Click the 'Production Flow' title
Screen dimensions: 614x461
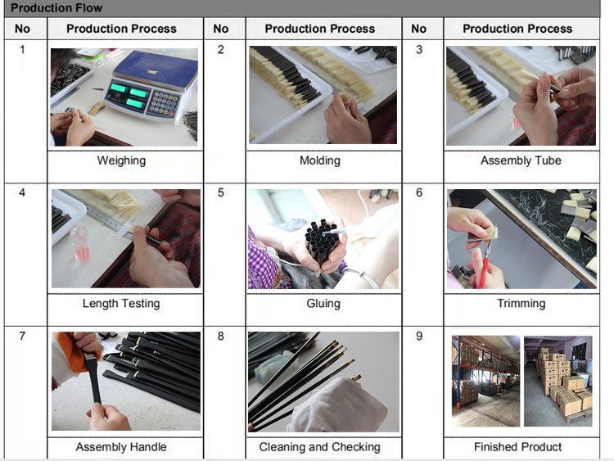click(56, 7)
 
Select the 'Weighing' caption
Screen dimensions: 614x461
click(121, 160)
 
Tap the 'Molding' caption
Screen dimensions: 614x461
click(320, 160)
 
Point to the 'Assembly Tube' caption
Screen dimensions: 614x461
click(521, 160)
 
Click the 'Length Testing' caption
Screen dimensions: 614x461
click(121, 304)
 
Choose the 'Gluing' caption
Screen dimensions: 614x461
click(323, 304)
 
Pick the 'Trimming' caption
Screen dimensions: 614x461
click(521, 304)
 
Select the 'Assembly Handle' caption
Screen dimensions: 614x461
click(121, 447)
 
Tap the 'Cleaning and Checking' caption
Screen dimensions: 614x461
click(319, 447)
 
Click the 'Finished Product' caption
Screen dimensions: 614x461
click(517, 447)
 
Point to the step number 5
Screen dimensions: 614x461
click(221, 192)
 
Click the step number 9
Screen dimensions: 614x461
click(419, 336)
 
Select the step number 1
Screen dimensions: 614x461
click(22, 49)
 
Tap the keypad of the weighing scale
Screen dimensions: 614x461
click(163, 103)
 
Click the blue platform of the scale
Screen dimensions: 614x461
click(156, 70)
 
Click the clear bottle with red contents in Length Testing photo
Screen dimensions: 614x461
click(81, 243)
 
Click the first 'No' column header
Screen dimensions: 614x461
click(22, 29)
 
